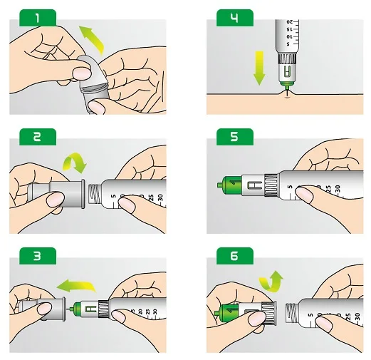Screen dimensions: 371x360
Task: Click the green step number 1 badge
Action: pyautogui.click(x=38, y=18)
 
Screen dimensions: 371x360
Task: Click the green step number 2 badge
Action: pyautogui.click(x=38, y=137)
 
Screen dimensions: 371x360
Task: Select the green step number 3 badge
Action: pyautogui.click(x=38, y=256)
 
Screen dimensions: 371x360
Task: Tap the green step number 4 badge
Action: pyautogui.click(x=235, y=18)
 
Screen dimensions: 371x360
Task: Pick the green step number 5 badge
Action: pyautogui.click(x=235, y=137)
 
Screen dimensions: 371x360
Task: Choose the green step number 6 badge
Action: pyautogui.click(x=235, y=256)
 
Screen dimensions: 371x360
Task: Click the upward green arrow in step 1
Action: pyautogui.click(x=93, y=39)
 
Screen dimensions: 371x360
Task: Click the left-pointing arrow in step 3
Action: pyautogui.click(x=76, y=285)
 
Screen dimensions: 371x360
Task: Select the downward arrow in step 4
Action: pyautogui.click(x=259, y=68)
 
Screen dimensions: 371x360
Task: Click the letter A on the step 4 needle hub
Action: pyautogui.click(x=287, y=71)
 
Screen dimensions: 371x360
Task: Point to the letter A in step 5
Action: pyautogui.click(x=255, y=185)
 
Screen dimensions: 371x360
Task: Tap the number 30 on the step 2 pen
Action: pyautogui.click(x=160, y=197)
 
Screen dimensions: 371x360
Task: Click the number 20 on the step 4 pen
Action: pyautogui.click(x=290, y=22)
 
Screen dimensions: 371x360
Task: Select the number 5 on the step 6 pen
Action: pyautogui.click(x=310, y=315)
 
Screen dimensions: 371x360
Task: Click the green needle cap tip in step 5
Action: pyautogui.click(x=220, y=185)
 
